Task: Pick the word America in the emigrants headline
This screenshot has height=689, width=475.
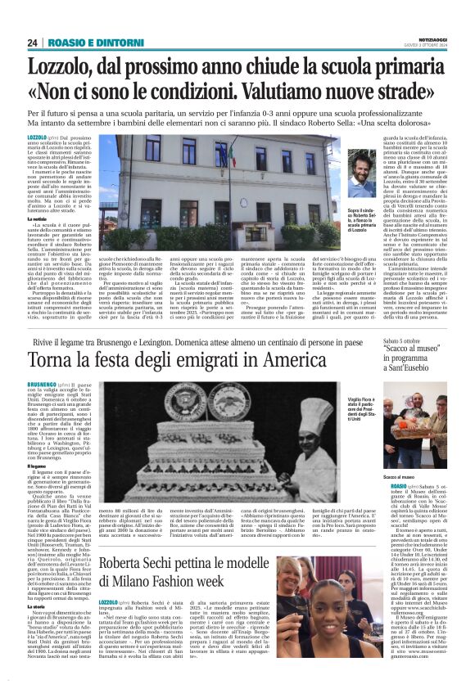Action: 287,360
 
